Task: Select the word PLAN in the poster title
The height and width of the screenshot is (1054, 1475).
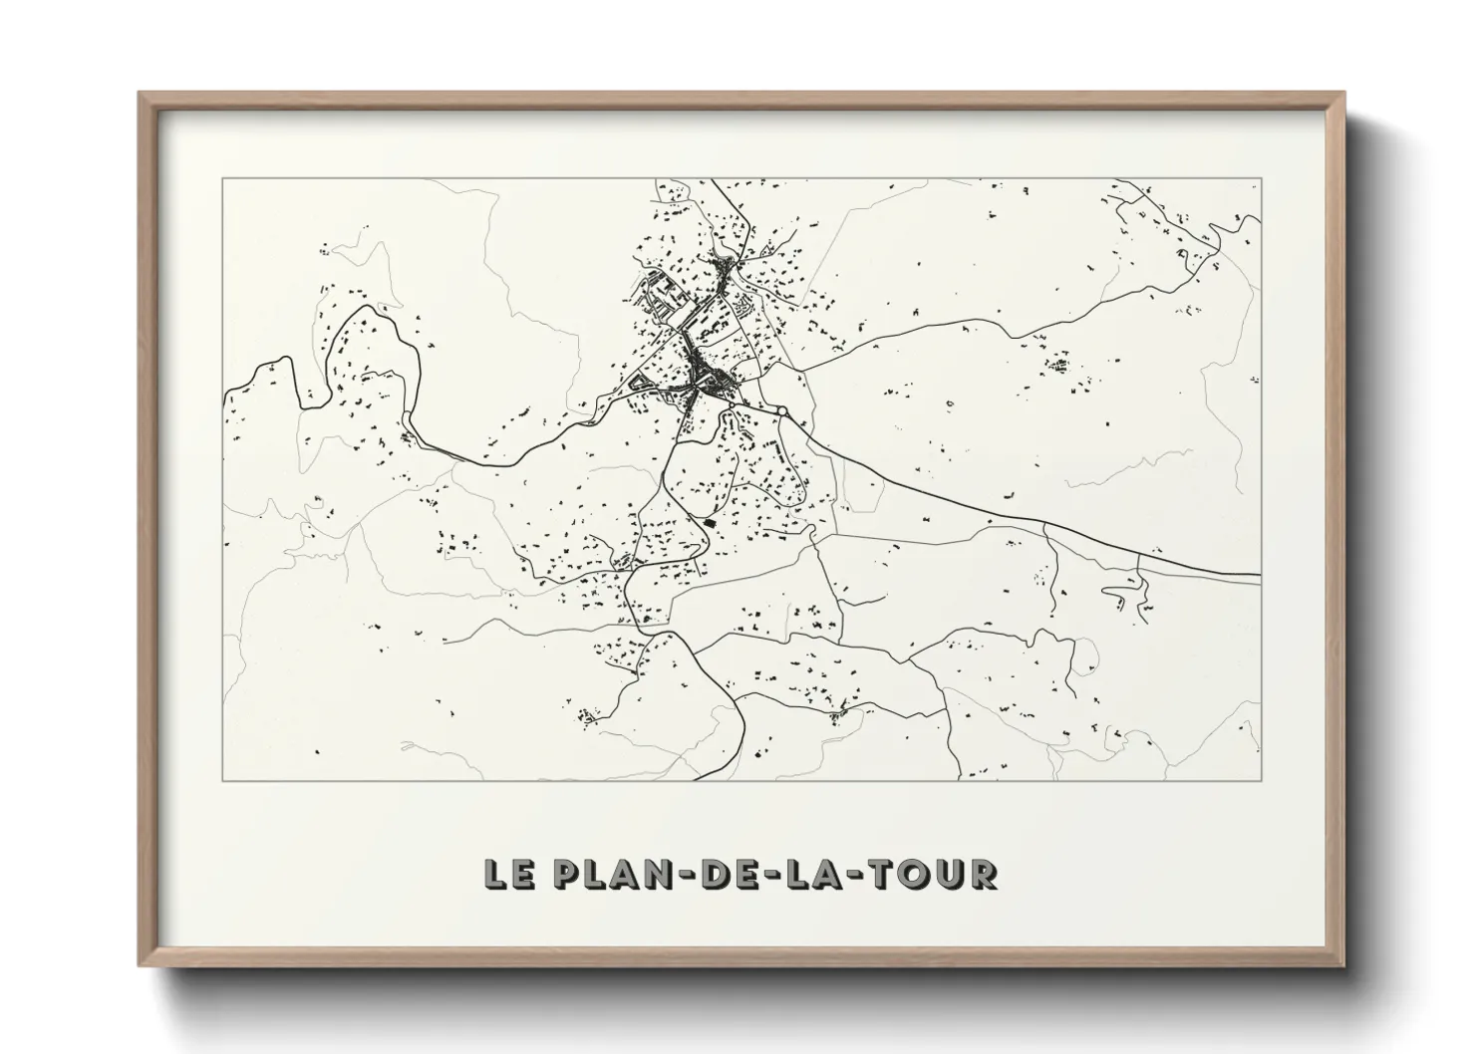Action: click(608, 874)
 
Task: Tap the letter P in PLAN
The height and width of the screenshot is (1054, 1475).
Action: click(564, 874)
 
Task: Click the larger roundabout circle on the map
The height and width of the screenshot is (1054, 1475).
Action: click(782, 410)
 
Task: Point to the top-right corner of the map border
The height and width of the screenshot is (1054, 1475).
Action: click(1261, 178)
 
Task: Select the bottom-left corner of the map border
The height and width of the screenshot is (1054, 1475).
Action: click(222, 780)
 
